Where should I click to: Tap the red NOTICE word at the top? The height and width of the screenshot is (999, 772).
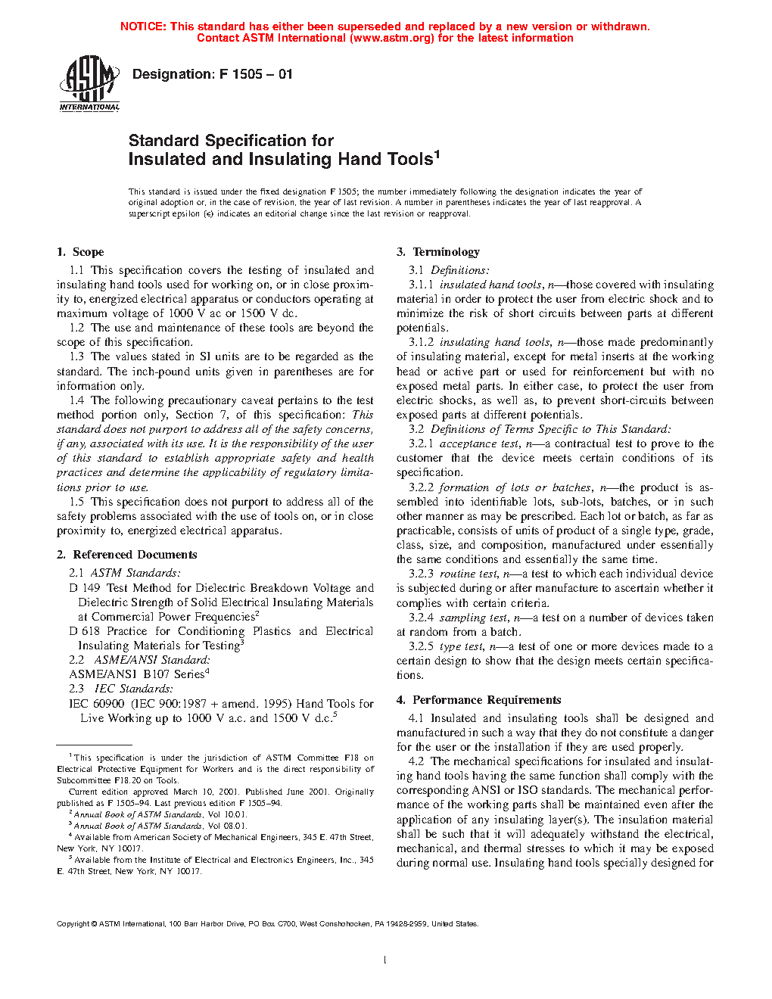(143, 26)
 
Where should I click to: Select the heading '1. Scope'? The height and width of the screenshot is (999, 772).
(80, 252)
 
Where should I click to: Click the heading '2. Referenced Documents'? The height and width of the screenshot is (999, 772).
(126, 555)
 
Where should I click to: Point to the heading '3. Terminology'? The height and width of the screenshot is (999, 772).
(437, 252)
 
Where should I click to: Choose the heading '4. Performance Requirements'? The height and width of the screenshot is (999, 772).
(478, 700)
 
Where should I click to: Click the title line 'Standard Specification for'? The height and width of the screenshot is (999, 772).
(231, 141)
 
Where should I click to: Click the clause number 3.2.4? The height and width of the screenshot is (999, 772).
(421, 618)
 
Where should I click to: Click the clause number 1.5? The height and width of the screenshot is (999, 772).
(76, 502)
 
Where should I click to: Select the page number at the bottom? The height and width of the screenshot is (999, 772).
(385, 960)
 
